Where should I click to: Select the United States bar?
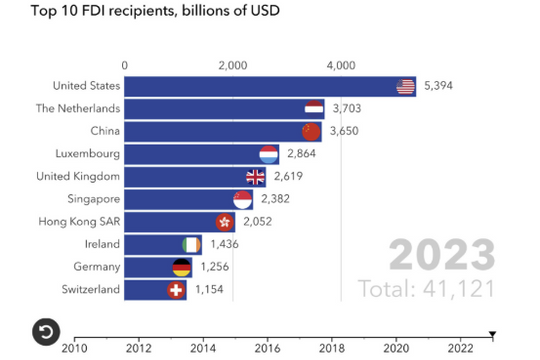[x=260, y=86]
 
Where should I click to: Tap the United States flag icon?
[x=405, y=86]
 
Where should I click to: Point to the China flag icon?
[x=311, y=131]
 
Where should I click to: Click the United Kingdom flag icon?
[x=255, y=177]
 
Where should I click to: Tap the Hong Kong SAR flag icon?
[x=224, y=222]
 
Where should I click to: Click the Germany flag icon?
[x=181, y=267]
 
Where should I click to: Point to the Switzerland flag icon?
[x=176, y=290]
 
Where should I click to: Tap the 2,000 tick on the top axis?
[x=232, y=65]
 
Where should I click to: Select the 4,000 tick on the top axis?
[x=341, y=65]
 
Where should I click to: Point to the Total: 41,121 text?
[x=426, y=290]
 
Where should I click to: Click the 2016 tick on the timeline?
[x=268, y=348]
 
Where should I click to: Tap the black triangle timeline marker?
[x=492, y=334]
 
